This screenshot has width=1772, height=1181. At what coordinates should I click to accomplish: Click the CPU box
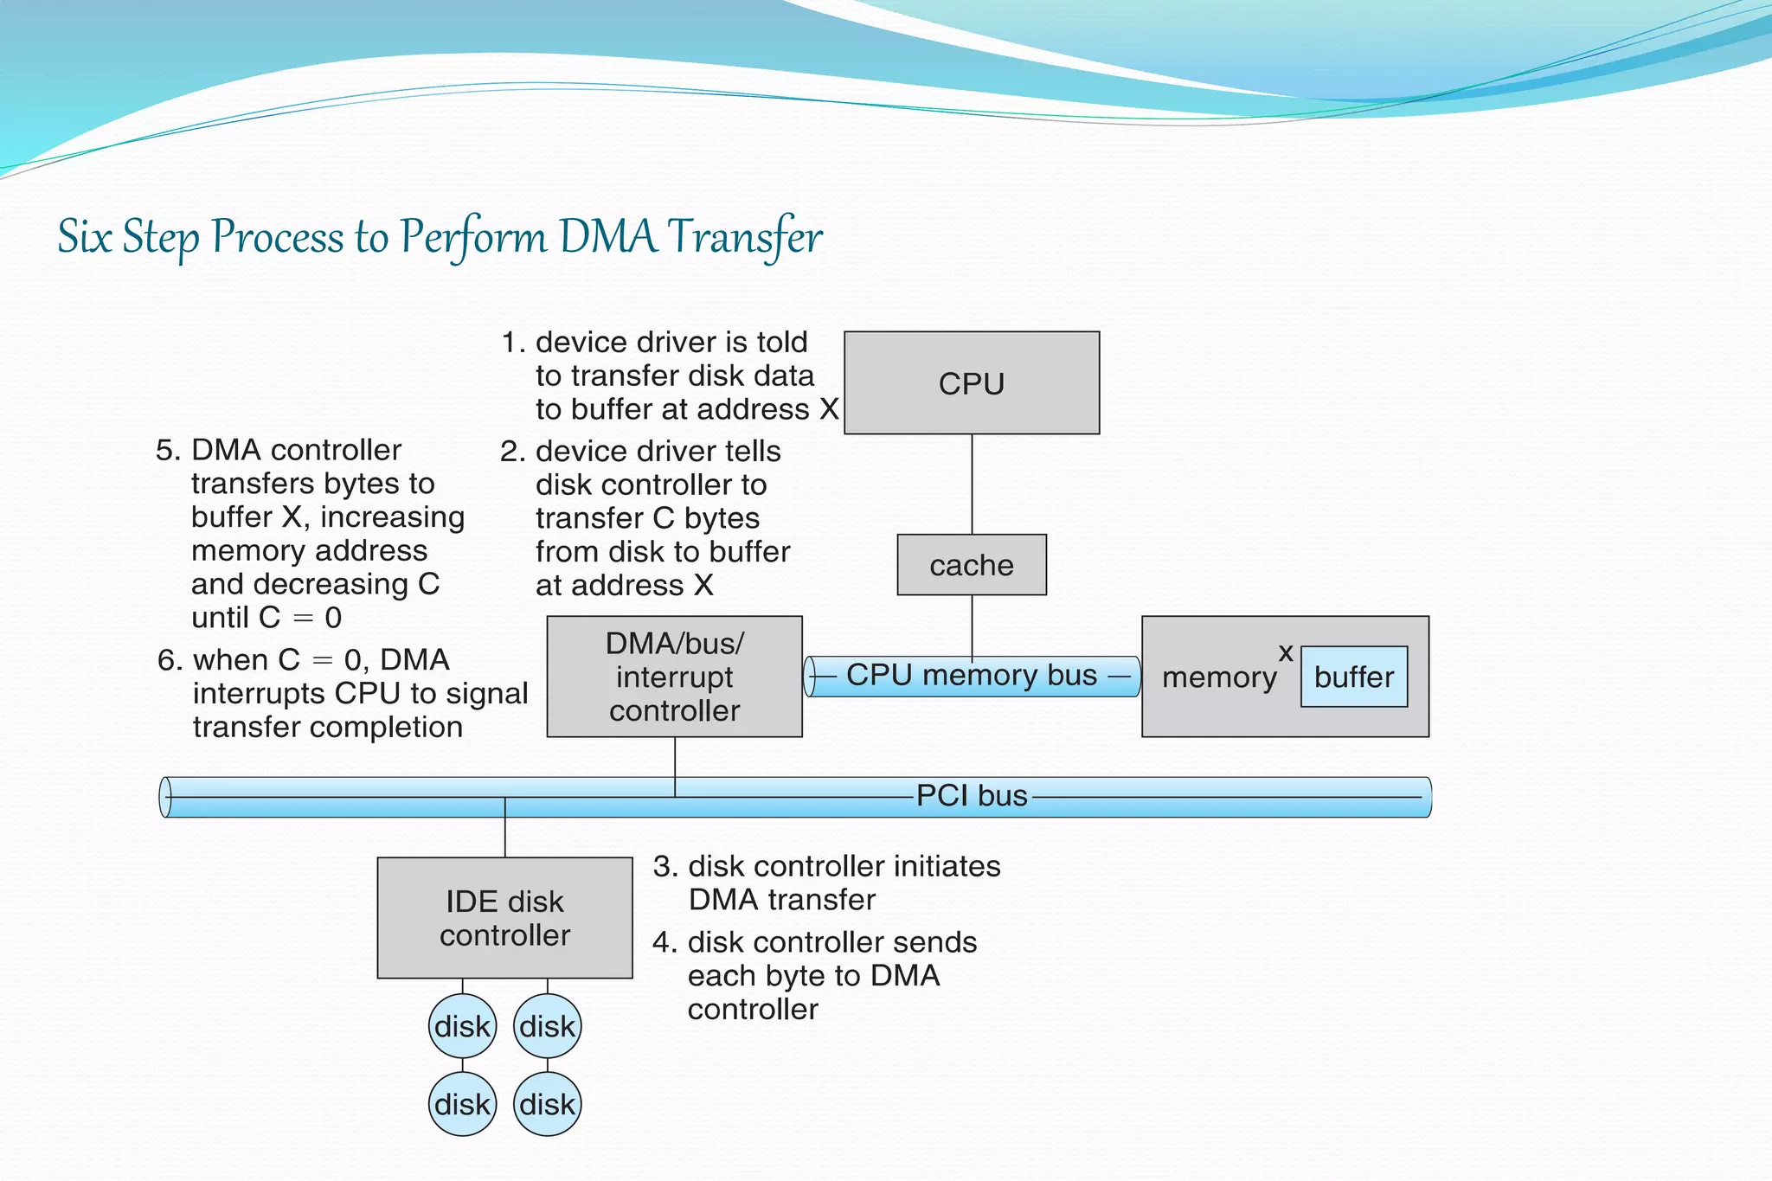pyautogui.click(x=971, y=382)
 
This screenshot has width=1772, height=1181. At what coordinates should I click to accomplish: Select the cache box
pyautogui.click(x=971, y=564)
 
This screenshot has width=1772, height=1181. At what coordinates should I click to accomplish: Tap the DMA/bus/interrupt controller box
pyautogui.click(x=674, y=677)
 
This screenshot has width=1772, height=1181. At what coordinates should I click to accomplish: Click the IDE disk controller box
pyautogui.click(x=504, y=918)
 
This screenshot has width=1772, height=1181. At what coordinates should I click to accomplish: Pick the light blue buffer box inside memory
pyautogui.click(x=1353, y=677)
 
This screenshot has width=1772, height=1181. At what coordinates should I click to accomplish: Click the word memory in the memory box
pyautogui.click(x=1218, y=677)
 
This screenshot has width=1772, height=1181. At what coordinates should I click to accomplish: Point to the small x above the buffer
pyautogui.click(x=1286, y=652)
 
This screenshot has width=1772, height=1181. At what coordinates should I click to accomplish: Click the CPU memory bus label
pyautogui.click(x=971, y=675)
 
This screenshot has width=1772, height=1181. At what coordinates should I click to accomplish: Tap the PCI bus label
pyautogui.click(x=971, y=795)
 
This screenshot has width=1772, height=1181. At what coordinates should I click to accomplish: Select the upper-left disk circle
pyautogui.click(x=462, y=1026)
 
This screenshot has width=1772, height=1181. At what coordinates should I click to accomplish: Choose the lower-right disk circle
pyautogui.click(x=547, y=1104)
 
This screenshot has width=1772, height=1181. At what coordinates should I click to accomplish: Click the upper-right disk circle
pyautogui.click(x=547, y=1026)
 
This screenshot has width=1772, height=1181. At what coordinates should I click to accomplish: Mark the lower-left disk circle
pyautogui.click(x=462, y=1104)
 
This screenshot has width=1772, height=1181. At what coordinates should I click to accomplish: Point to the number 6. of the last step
pyautogui.click(x=169, y=661)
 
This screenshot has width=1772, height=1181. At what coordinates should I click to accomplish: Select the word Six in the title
pyautogui.click(x=84, y=237)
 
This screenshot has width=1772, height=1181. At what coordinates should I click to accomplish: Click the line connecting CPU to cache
pyautogui.click(x=972, y=484)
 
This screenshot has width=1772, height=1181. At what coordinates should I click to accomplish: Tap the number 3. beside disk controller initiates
pyautogui.click(x=664, y=867)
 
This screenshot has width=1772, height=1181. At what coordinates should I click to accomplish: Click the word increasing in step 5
pyautogui.click(x=392, y=517)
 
